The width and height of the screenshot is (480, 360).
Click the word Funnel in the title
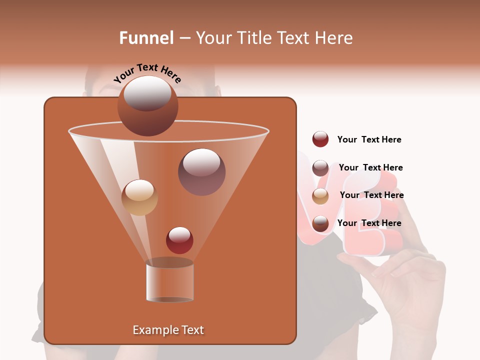(x=146, y=38)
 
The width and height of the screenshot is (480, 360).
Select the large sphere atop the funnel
(x=147, y=105)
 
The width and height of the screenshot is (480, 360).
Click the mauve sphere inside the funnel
(x=201, y=172)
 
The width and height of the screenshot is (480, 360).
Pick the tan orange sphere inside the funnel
(x=139, y=197)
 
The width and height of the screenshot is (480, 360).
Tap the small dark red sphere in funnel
(x=179, y=240)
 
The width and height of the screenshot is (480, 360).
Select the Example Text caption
(x=168, y=330)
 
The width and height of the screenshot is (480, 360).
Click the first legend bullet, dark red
(x=320, y=139)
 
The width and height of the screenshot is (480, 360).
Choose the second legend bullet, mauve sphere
(x=320, y=168)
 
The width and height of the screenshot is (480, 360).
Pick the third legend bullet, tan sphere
(x=320, y=196)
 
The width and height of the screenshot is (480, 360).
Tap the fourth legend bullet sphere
(x=320, y=223)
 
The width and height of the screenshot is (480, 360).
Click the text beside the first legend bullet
(x=369, y=139)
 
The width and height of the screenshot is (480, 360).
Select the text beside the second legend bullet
(x=370, y=167)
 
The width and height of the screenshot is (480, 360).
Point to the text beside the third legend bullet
(x=371, y=195)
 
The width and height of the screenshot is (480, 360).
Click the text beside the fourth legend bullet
(x=369, y=223)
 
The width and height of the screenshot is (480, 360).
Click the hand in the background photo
(x=410, y=280)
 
